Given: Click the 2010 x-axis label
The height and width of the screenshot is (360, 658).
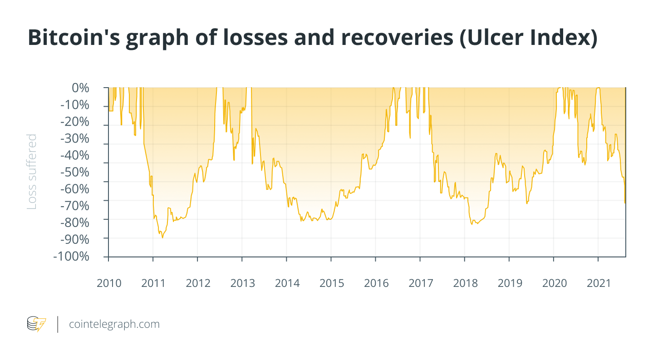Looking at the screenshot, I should coord(109,283).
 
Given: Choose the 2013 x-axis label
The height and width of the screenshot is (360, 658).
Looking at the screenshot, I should coord(242,283).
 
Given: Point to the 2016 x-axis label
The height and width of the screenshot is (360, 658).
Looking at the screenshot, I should coord(376,283).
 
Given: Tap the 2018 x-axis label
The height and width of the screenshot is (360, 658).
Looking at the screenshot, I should coord(465,283).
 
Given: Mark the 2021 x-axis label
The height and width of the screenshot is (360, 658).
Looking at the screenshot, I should coord(598,283).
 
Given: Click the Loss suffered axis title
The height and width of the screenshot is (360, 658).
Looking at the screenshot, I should coord(32,172).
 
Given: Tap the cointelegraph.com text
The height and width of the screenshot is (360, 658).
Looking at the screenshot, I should coord(114,324).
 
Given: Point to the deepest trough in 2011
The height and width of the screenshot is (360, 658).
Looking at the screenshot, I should coord(162,237).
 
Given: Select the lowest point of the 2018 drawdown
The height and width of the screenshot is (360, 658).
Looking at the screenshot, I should coord(472,224).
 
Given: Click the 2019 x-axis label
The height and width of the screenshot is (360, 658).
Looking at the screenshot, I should coord(509,283).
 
